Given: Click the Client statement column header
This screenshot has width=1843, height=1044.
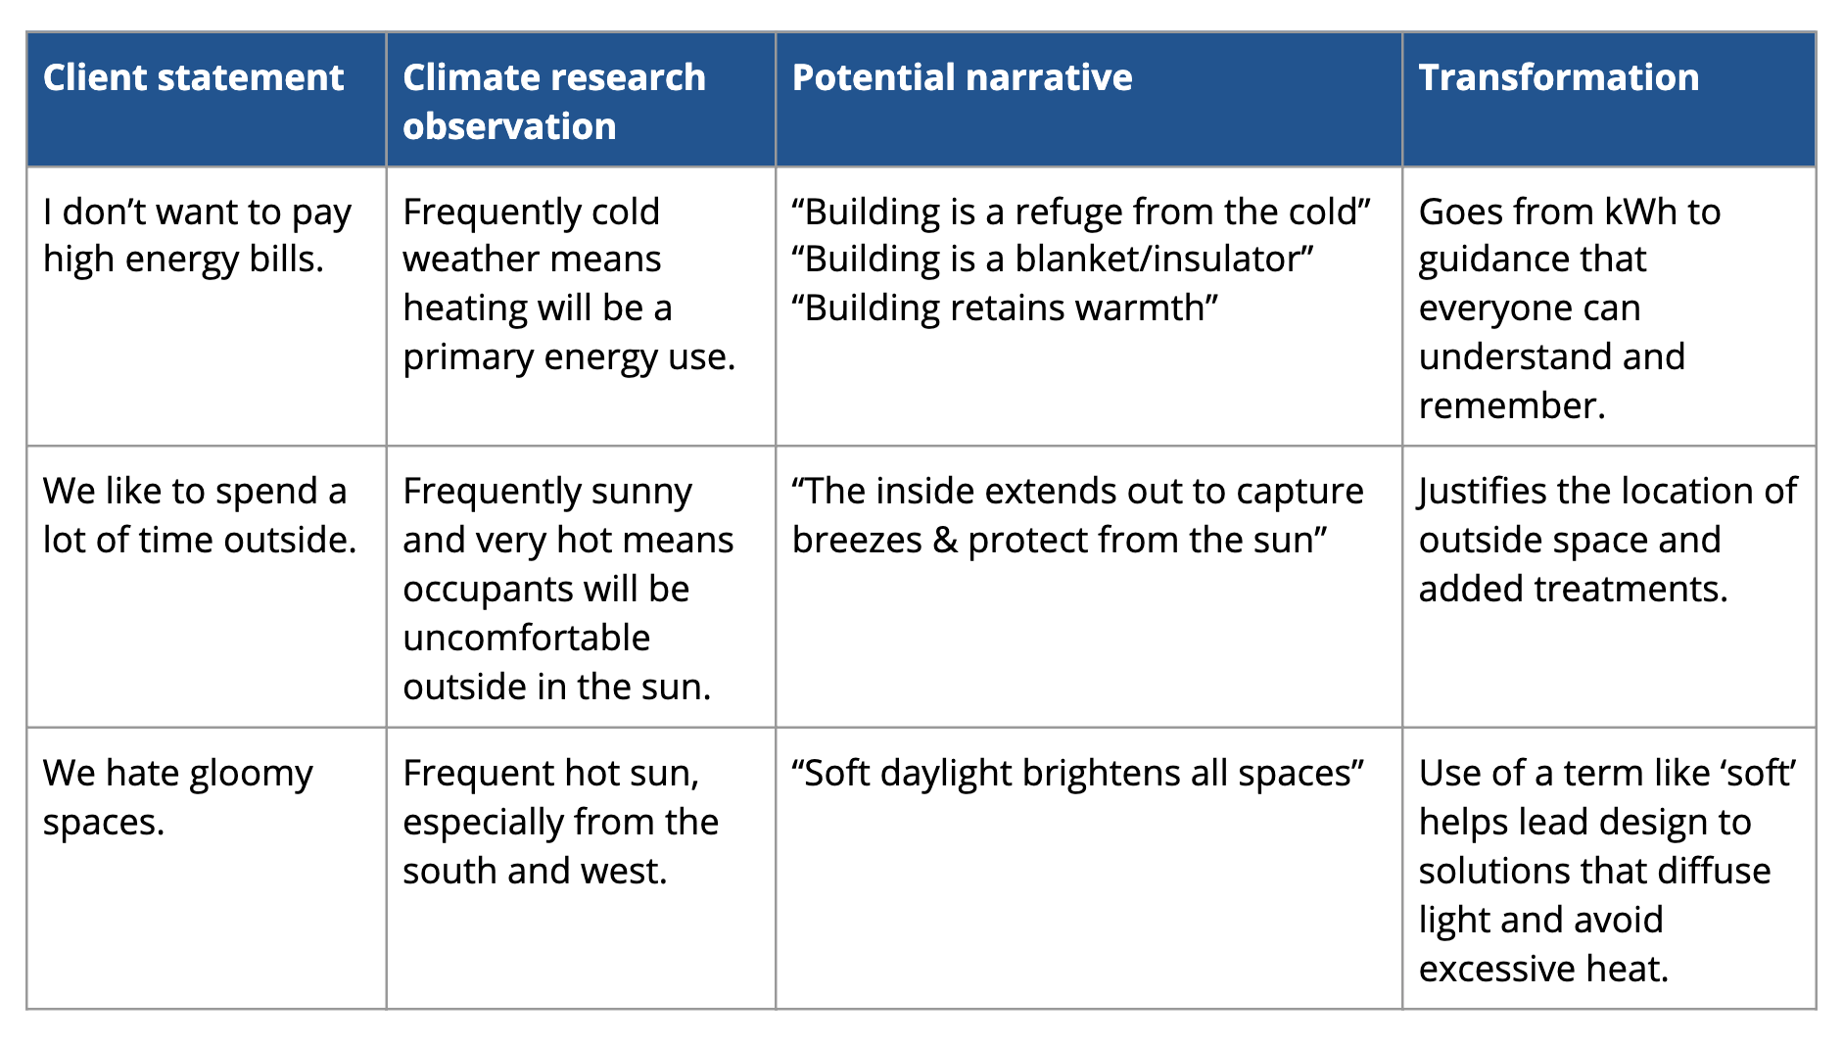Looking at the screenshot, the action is (x=193, y=77).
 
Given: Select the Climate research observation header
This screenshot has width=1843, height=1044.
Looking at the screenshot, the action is (x=554, y=102).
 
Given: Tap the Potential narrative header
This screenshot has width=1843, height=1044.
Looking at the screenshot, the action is (x=962, y=77).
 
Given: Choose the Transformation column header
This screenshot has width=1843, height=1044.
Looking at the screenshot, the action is (x=1559, y=77).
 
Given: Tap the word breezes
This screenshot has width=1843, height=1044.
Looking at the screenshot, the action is (x=857, y=540).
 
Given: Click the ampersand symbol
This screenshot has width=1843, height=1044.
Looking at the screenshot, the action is (x=945, y=540).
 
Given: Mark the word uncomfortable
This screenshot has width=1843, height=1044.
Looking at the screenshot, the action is (x=527, y=638).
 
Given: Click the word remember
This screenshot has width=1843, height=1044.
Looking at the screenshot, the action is (x=1512, y=405).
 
